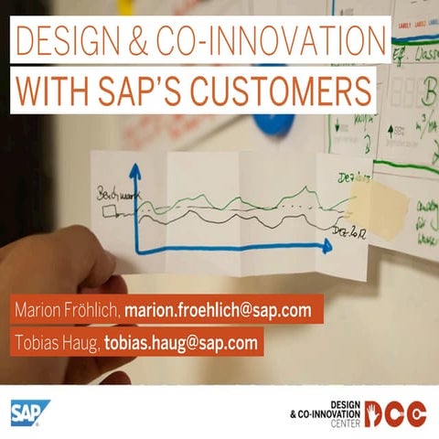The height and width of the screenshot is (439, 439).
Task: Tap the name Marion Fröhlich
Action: pos(67,309)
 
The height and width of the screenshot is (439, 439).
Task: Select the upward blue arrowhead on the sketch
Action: pos(134,170)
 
